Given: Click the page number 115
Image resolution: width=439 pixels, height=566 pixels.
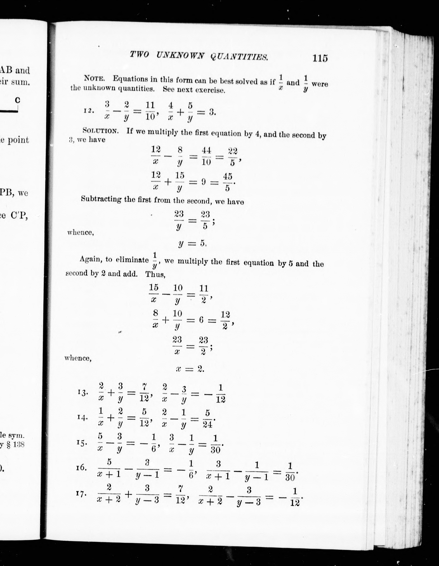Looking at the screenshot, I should pos(320,58).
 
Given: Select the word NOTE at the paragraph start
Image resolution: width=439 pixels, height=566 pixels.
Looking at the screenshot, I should pos(94,78).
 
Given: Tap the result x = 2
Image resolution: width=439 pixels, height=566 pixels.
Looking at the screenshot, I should pos(190,369).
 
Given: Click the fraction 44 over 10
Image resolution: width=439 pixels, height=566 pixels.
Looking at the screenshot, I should pos(206,156).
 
